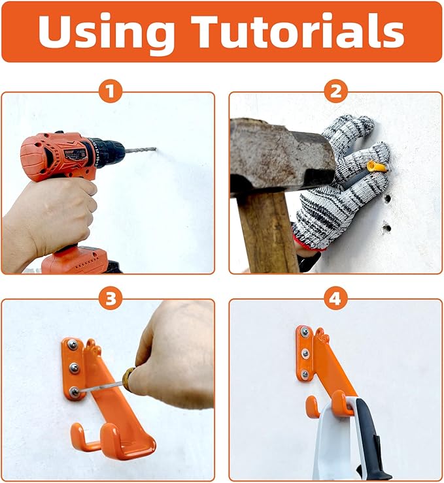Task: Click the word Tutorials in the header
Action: pos(297,31)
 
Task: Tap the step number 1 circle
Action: pos(111,91)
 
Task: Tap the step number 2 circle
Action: pos(335,91)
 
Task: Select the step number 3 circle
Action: pos(111,298)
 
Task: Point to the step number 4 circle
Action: pos(335,298)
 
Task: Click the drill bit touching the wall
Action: pos(141,150)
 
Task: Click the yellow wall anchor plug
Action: pos(377,167)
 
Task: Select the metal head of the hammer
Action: pos(282,157)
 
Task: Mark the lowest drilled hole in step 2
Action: pos(386,228)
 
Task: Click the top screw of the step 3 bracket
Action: pos(73,345)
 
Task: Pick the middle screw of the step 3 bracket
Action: pos(74,367)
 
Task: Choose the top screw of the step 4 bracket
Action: pos(305,332)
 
